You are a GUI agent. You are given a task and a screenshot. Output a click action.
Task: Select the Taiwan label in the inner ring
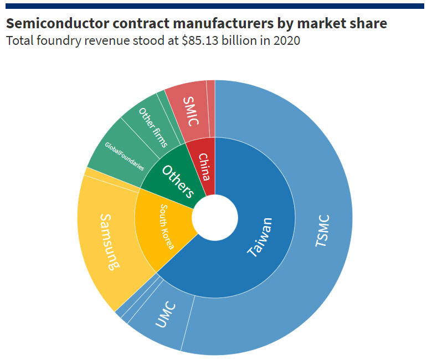(x=260, y=237)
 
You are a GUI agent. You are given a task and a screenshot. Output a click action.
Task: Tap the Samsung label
(x=109, y=241)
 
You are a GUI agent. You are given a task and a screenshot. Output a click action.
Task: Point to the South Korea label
(x=167, y=227)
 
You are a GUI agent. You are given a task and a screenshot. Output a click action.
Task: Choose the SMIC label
(x=189, y=111)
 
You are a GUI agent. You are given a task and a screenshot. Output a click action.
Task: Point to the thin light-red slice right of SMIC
(x=210, y=109)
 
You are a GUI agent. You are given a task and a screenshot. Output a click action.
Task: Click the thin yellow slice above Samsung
(x=111, y=180)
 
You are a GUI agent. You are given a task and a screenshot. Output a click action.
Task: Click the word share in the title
(x=368, y=23)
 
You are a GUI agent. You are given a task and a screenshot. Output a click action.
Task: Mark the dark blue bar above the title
(x=213, y=6)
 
